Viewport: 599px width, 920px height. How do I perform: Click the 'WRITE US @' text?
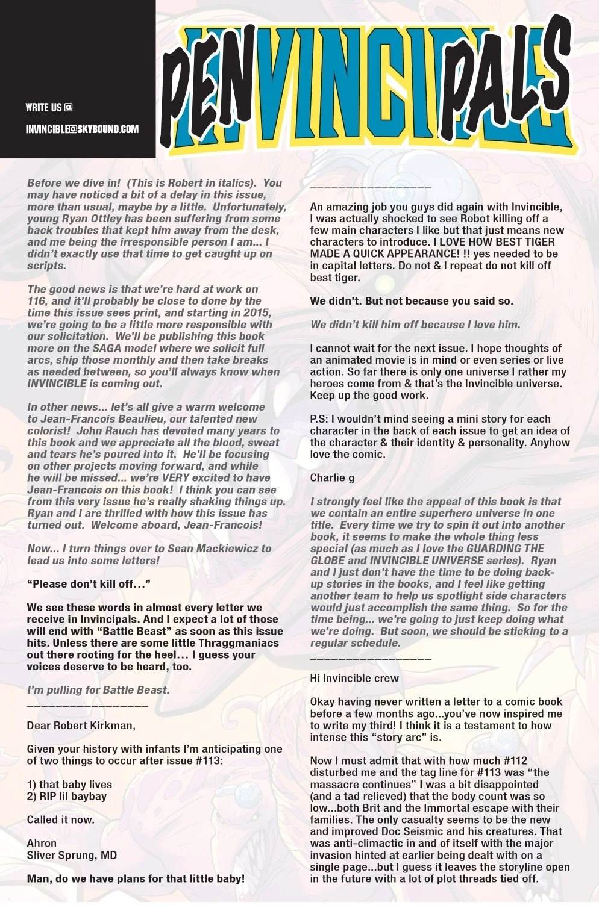tap(49, 108)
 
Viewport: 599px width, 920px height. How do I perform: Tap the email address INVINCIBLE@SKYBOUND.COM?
tap(82, 129)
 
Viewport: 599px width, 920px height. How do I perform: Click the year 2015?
tap(256, 312)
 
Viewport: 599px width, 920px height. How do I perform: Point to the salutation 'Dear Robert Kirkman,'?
tap(81, 726)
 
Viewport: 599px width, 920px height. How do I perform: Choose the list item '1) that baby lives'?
tap(69, 785)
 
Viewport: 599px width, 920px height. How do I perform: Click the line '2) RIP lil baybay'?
tap(66, 796)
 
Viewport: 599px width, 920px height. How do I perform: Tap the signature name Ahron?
tap(42, 843)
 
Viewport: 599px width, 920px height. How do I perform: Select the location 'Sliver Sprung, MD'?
tap(72, 855)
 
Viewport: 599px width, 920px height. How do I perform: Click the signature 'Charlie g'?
tap(332, 478)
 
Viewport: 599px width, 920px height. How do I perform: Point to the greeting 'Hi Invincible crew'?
tap(354, 678)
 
